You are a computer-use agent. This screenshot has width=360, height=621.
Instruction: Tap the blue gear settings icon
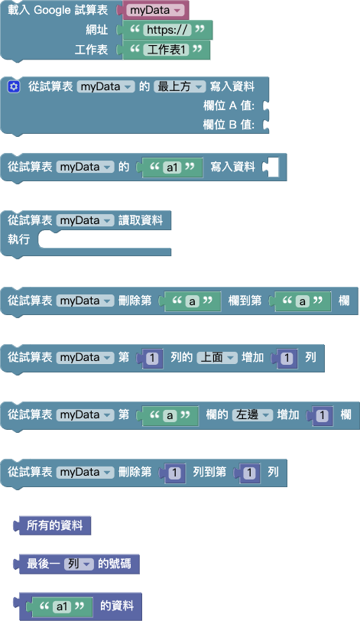13,86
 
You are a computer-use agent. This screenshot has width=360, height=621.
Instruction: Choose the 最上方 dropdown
180,86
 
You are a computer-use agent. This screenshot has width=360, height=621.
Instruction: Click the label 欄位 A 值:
229,106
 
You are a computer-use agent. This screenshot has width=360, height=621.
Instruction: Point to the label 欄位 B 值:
229,124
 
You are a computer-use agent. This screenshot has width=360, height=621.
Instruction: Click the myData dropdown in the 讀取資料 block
85,220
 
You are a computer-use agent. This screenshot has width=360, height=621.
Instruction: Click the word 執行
18,239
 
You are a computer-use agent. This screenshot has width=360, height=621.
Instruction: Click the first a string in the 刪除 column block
191,301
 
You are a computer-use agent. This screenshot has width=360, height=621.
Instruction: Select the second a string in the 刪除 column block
303,301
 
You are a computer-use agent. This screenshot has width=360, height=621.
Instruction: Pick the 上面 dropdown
217,357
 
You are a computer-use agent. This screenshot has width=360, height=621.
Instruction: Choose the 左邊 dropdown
252,415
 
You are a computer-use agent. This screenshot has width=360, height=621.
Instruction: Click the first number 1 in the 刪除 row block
175,473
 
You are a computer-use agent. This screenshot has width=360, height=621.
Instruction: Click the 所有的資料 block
54,525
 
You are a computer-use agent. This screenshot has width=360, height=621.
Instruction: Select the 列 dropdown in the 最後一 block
78,564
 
